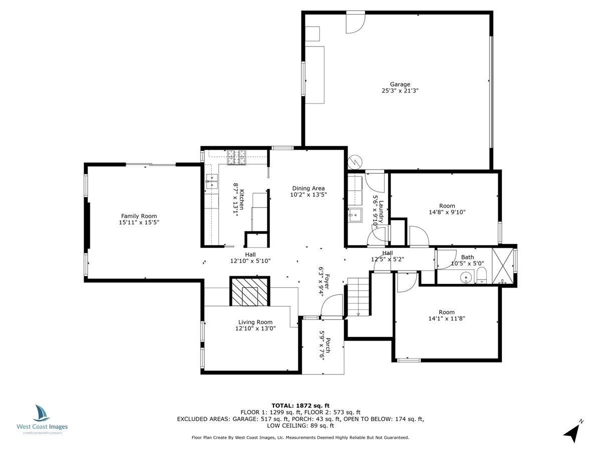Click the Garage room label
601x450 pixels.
pyautogui.click(x=400, y=84)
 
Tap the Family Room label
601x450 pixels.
pyautogui.click(x=139, y=216)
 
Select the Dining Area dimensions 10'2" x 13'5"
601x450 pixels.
pyautogui.click(x=309, y=194)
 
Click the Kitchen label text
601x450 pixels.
pyautogui.click(x=242, y=199)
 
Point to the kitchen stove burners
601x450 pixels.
pyautogui.click(x=237, y=157)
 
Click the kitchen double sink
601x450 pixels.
pyautogui.click(x=212, y=181)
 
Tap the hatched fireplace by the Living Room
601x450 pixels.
pyautogui.click(x=250, y=291)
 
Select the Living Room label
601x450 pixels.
pyautogui.click(x=255, y=322)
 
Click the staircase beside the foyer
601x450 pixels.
pyautogui.click(x=359, y=297)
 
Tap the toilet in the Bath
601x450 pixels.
pyautogui.click(x=481, y=275)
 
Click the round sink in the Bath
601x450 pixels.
pyautogui.click(x=466, y=278)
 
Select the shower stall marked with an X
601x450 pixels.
pyautogui.click(x=502, y=266)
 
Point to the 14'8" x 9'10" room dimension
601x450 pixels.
pyautogui.click(x=447, y=212)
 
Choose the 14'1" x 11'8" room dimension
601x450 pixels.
pyautogui.click(x=447, y=318)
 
